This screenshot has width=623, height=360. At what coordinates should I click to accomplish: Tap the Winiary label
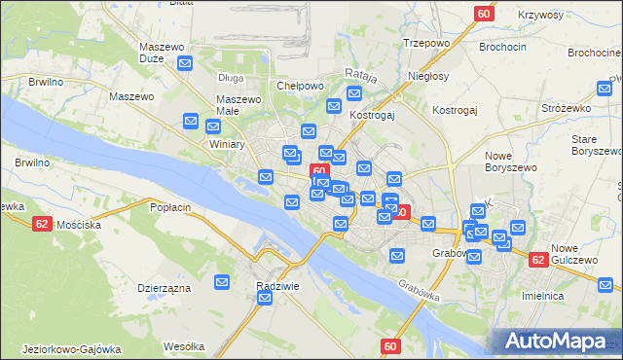click(x=227, y=144)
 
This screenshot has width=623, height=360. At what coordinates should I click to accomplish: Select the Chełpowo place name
click(x=300, y=86)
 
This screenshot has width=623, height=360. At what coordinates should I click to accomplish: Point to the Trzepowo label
click(x=425, y=43)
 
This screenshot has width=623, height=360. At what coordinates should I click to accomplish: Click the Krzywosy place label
click(x=515, y=16)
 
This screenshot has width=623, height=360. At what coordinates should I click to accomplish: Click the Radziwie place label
click(x=276, y=286)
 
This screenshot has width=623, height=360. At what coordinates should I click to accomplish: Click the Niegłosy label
click(x=428, y=76)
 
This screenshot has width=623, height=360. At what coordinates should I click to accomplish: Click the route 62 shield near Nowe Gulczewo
click(x=538, y=260)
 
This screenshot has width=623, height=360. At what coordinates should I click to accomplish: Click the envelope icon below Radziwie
click(x=265, y=299)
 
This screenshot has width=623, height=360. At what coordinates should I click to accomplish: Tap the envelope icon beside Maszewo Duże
click(x=186, y=63)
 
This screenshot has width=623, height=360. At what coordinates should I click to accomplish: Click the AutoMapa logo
click(x=559, y=341)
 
